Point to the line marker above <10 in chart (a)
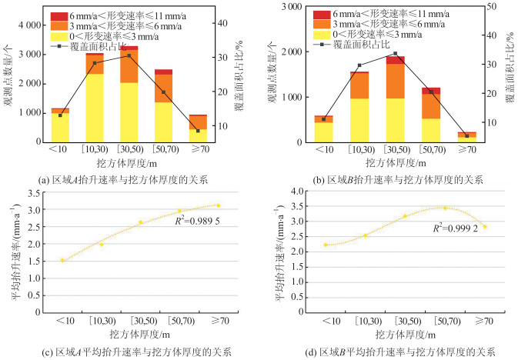click(x=60, y=115)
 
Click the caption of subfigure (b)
click(x=392, y=178)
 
